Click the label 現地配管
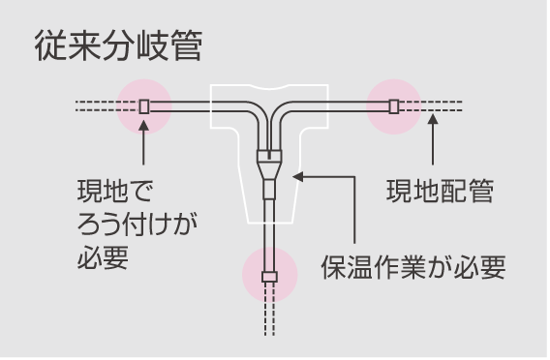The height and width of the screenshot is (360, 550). pos(441,191)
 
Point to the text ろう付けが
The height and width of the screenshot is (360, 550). pos(137,225)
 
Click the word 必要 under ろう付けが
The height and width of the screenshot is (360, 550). pos(103,261)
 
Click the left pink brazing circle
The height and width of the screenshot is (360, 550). pos(143,105)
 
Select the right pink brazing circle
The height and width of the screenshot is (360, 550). pos(394,105)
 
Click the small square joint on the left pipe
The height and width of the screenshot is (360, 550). pos(143,105)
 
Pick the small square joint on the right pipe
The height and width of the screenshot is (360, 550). pos(394,105)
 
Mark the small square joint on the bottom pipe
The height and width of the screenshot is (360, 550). pos(269,277)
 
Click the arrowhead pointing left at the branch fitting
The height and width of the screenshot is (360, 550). pos(298,176)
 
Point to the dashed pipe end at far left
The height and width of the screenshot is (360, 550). pos(97,105)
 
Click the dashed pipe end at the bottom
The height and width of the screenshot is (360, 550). pos(269,319)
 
